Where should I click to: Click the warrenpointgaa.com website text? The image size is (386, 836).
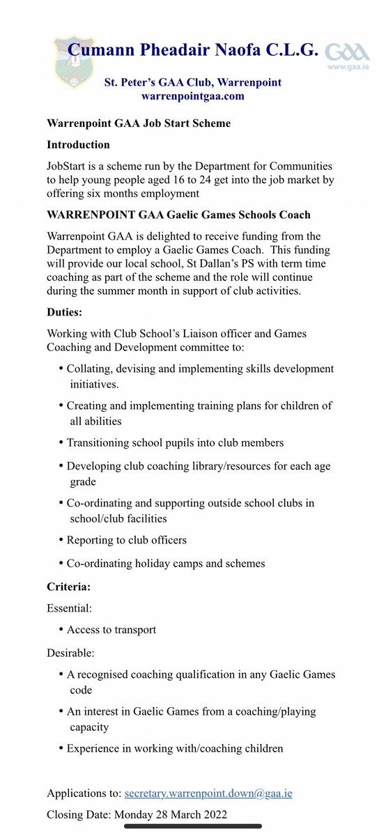192,96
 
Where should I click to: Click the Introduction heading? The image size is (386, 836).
78,145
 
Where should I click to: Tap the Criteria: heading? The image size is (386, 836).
69,587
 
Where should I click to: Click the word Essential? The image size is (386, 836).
68,608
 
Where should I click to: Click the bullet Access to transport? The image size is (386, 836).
111,630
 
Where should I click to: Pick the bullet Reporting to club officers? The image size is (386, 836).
126,540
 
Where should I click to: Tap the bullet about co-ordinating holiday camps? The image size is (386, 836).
165,563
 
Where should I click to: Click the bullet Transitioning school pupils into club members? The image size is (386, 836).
175,442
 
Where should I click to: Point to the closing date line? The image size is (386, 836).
137,814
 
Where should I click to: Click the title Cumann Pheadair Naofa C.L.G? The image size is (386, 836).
192,49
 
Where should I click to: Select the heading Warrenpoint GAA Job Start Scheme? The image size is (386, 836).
138,123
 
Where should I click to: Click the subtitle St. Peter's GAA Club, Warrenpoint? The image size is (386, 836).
192,82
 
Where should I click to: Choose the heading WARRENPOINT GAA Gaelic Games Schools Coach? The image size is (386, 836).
178,215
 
